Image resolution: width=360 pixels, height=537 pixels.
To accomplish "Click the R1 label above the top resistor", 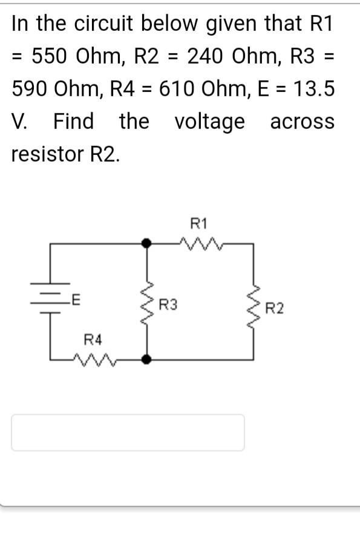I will (x=198, y=223).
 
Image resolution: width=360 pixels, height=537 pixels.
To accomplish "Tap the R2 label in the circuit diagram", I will (x=274, y=309).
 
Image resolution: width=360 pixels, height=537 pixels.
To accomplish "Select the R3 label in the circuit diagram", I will (x=168, y=305).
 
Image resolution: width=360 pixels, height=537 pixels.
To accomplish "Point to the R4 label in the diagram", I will (x=93, y=339).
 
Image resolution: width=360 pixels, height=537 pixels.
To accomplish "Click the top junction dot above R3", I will (x=146, y=243).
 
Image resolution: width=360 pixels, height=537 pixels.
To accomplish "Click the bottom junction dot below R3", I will (x=146, y=358).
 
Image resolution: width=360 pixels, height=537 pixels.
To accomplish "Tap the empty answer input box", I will (x=128, y=432).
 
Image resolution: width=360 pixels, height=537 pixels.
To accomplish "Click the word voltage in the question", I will (x=210, y=122).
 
